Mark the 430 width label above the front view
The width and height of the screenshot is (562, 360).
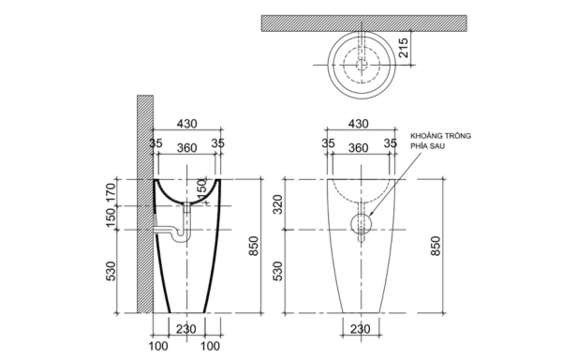click(358, 124)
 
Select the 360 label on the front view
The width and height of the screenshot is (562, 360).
click(358, 147)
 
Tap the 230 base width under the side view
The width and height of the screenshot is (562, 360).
click(185, 328)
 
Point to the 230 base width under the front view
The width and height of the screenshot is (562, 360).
click(358, 328)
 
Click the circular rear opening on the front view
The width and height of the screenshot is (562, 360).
click(360, 225)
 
